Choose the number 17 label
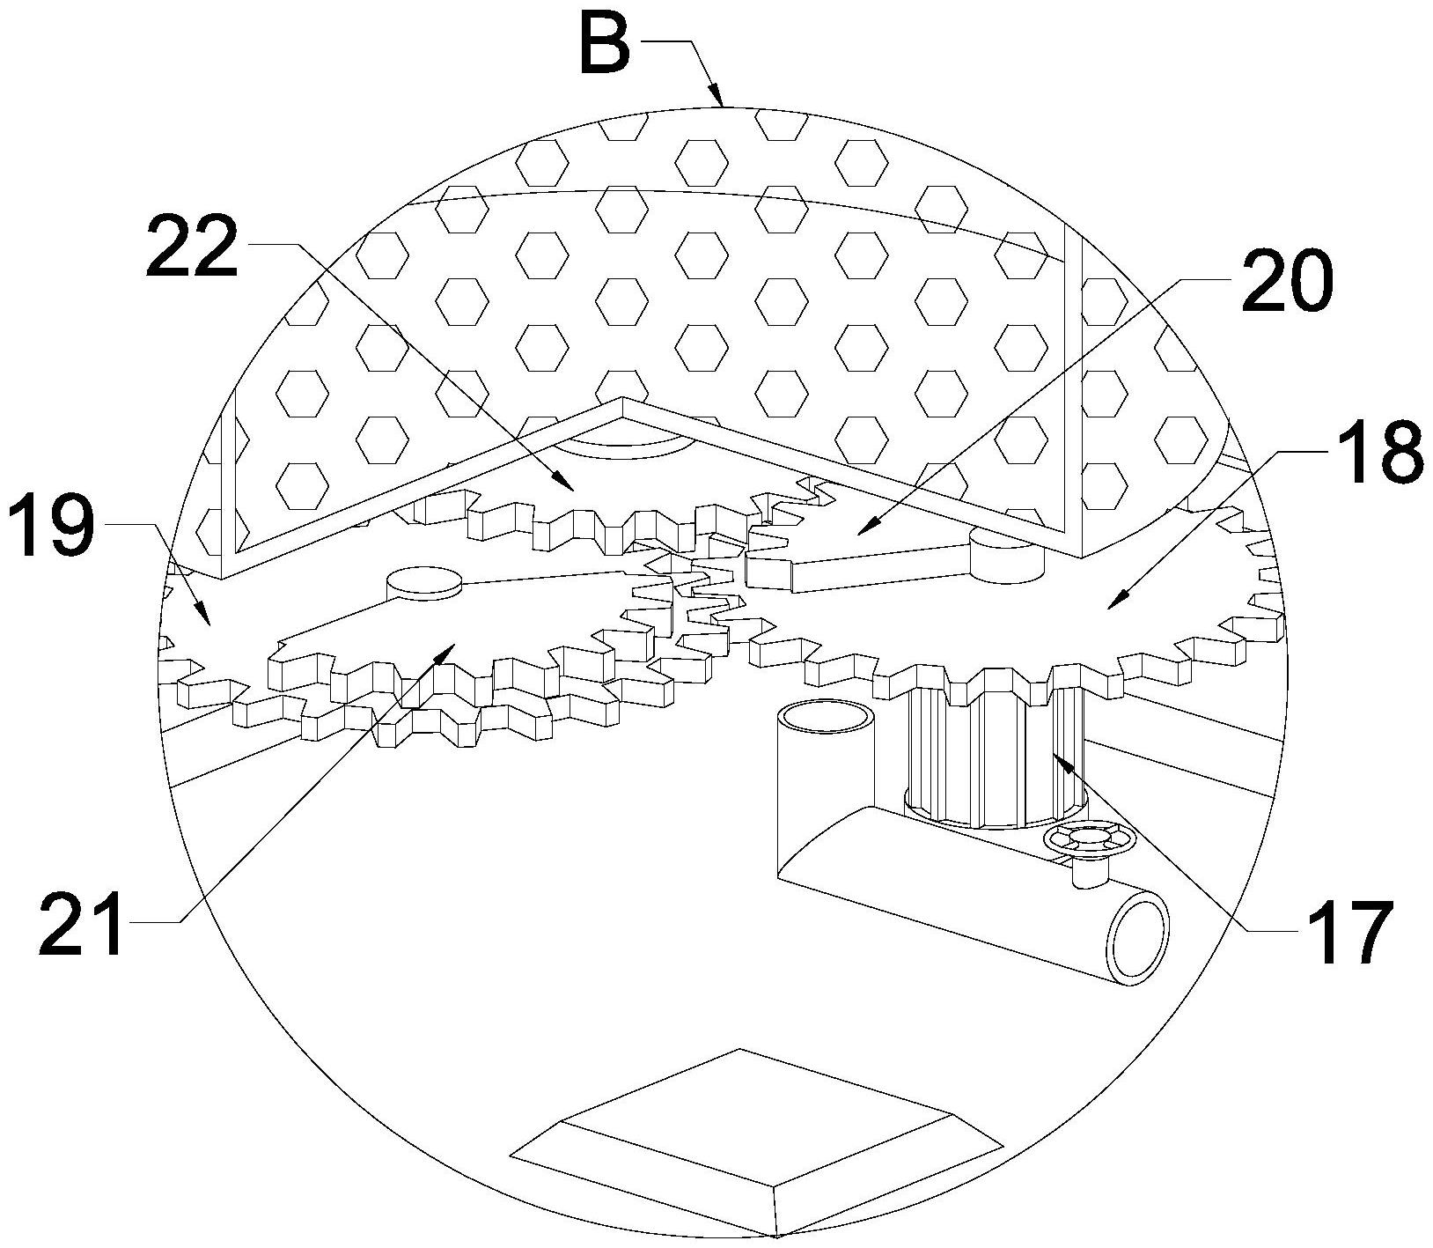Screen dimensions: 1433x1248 (x=1350, y=932)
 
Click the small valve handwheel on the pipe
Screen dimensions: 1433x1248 (x=1089, y=840)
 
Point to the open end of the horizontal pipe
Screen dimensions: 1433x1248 (x=1139, y=938)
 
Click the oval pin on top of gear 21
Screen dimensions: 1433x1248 (x=423, y=583)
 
